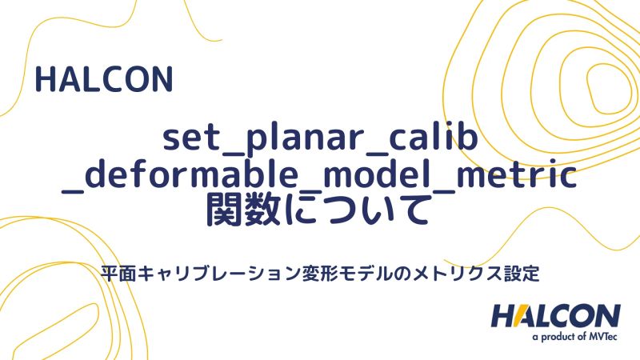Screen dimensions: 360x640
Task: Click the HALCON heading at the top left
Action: (104, 80)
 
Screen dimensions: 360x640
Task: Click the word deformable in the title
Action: (181, 177)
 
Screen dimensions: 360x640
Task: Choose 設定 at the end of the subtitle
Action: (519, 272)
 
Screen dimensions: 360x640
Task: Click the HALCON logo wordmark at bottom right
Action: (555, 315)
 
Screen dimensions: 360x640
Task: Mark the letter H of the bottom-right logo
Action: (503, 315)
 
